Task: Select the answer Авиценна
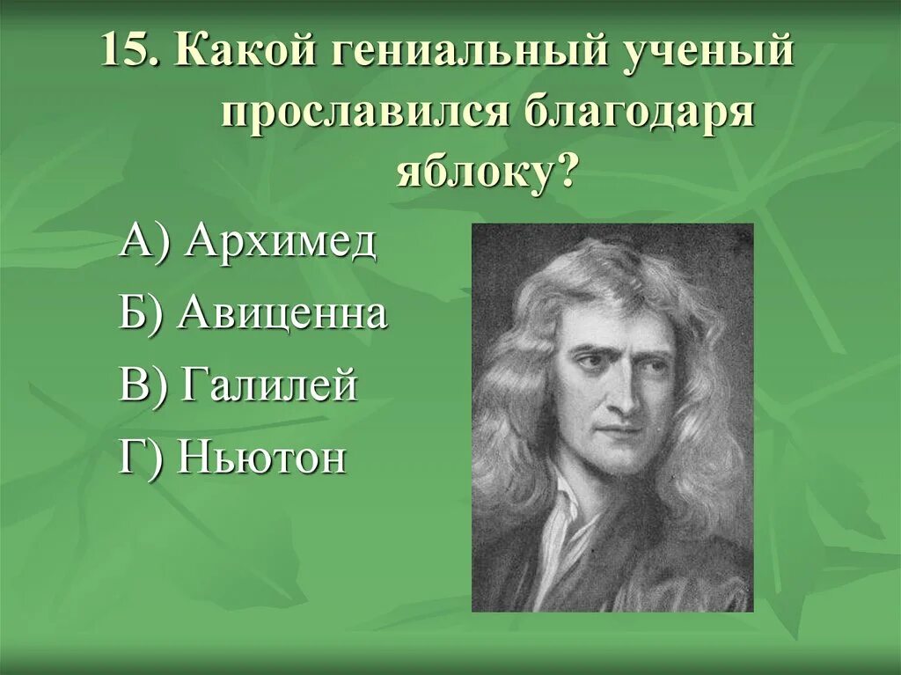[282, 313]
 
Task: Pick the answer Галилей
[268, 385]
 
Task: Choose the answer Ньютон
[261, 458]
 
